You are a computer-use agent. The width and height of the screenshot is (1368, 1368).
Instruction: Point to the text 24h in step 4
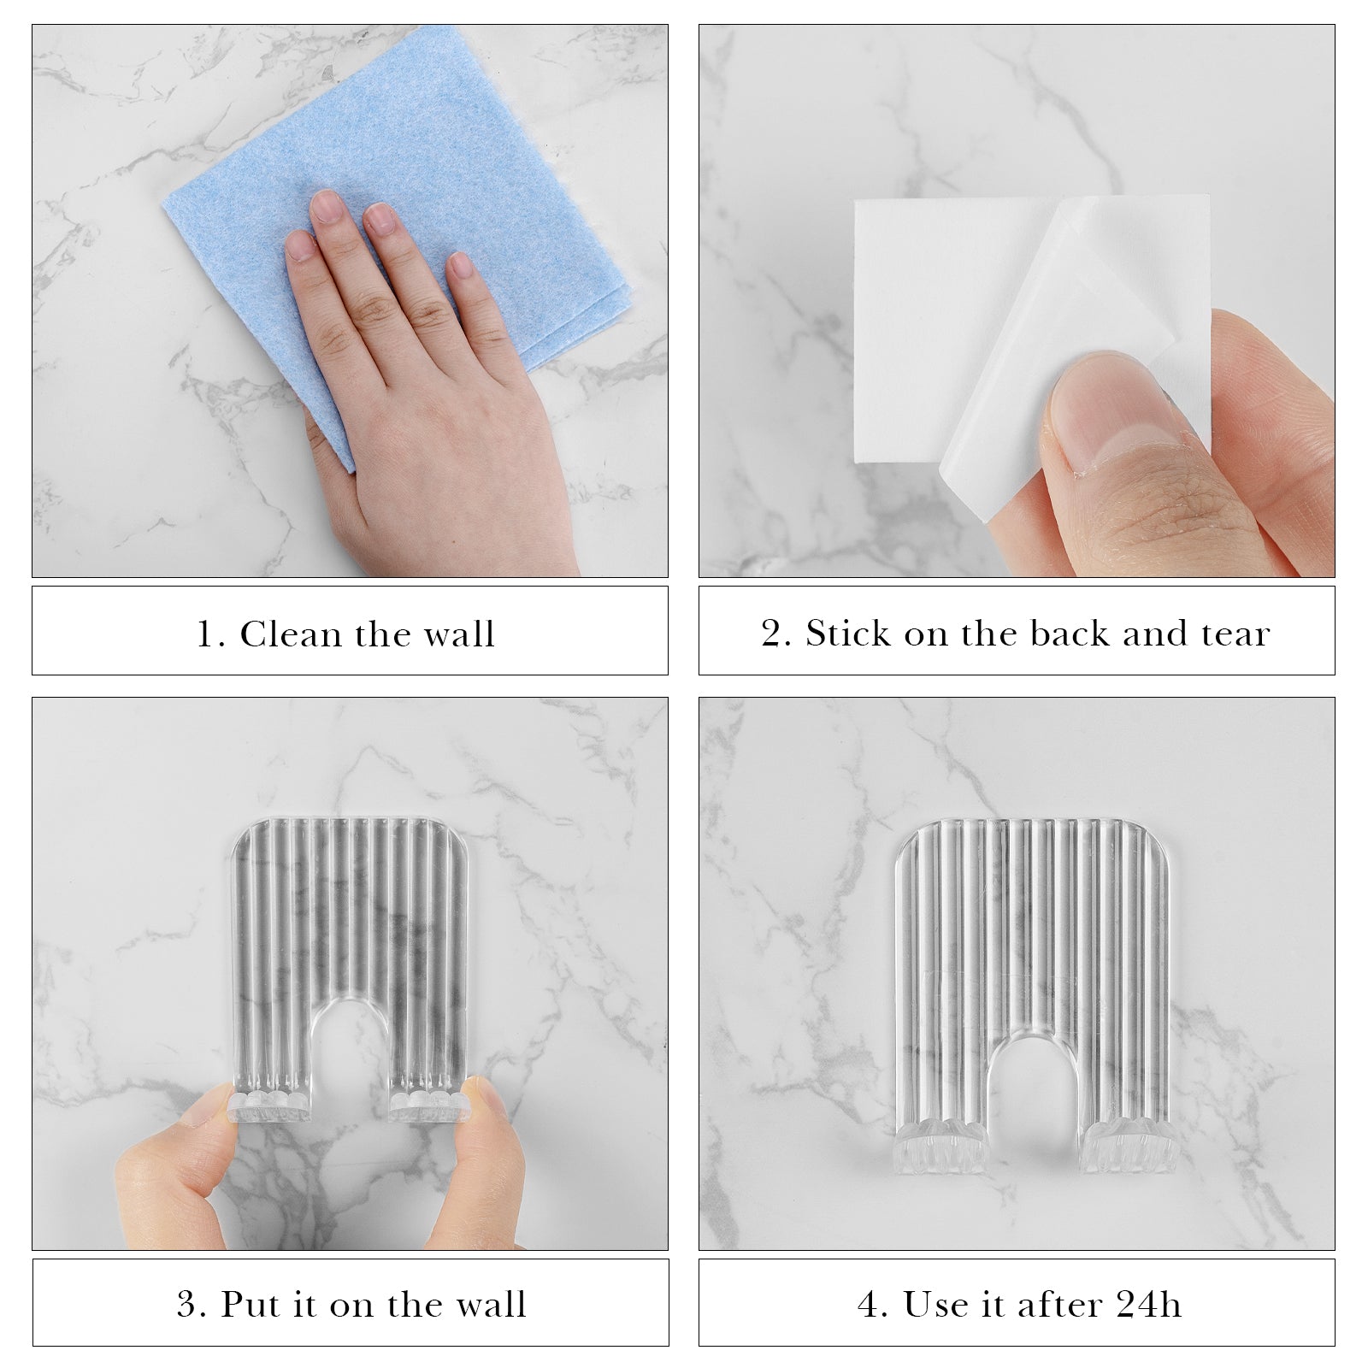click(1148, 1305)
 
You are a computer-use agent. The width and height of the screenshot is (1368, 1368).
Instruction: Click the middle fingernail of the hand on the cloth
click(378, 219)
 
